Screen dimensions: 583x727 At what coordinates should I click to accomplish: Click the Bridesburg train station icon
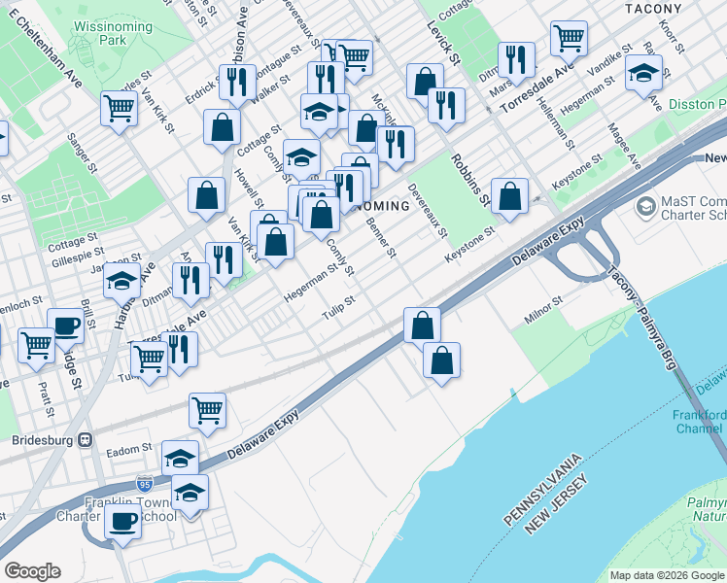pyautogui.click(x=86, y=439)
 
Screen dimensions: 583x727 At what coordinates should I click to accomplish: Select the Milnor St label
pyautogui.click(x=544, y=305)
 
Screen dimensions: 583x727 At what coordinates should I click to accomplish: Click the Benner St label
pyautogui.click(x=381, y=238)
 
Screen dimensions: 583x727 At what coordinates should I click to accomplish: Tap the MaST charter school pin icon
pyautogui.click(x=645, y=206)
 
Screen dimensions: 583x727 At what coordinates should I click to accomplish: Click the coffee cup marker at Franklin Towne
pyautogui.click(x=122, y=521)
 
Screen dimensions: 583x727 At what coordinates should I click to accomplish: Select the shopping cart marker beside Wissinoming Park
pyautogui.click(x=119, y=107)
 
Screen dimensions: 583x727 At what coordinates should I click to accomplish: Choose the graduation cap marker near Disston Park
pyautogui.click(x=643, y=73)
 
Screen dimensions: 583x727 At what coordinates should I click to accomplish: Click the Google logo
pyautogui.click(x=32, y=571)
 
